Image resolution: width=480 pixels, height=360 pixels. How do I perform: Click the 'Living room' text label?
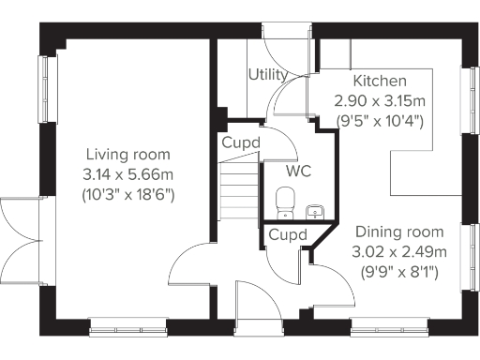(127, 154)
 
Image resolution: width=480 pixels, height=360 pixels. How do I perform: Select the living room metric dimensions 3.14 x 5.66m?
(127, 173)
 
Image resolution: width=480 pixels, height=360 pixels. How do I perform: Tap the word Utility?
(267, 74)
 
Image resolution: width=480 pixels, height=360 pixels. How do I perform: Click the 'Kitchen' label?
(380, 81)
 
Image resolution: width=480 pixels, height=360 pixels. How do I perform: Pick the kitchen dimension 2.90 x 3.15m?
(380, 100)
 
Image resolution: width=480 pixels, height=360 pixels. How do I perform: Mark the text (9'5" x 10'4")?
(380, 121)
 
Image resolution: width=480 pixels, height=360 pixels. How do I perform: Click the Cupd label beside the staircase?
(240, 142)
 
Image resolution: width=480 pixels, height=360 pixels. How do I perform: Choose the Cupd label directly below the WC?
(286, 234)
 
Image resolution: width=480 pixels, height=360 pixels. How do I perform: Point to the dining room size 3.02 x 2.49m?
(398, 253)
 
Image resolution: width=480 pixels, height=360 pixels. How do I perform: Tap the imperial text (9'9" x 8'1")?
(398, 274)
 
